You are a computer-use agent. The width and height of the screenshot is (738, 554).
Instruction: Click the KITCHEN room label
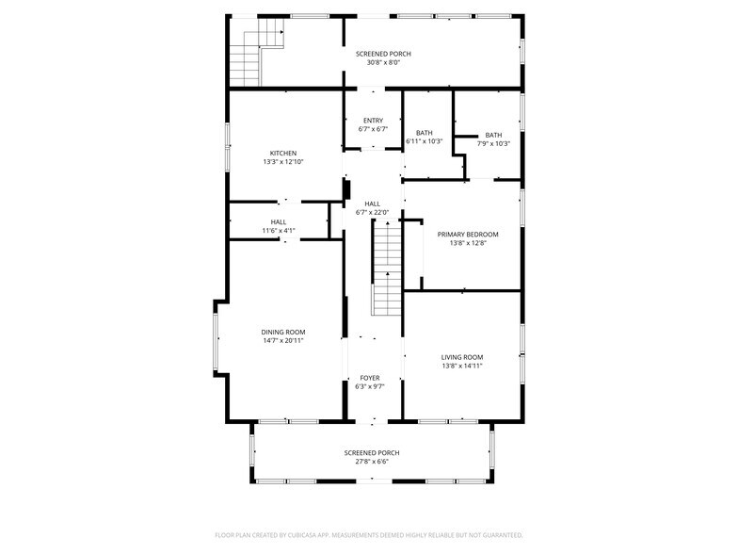click(x=283, y=153)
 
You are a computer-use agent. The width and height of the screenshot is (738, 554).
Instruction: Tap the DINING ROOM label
click(x=283, y=332)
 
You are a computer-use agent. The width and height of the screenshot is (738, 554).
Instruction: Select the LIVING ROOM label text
click(x=462, y=357)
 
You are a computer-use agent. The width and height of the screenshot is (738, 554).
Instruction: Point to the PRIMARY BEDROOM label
click(x=468, y=235)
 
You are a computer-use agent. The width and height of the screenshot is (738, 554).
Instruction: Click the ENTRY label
click(x=373, y=121)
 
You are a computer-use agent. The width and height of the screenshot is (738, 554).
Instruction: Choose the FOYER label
click(x=369, y=378)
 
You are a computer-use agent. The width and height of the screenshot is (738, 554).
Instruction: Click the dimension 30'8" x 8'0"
click(x=383, y=63)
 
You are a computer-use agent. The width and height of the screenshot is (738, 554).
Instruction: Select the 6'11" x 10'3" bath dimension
click(x=425, y=142)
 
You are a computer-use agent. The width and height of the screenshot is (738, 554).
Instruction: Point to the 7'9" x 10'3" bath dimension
click(x=494, y=144)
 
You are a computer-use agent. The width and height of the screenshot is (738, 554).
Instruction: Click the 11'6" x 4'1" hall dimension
click(x=279, y=231)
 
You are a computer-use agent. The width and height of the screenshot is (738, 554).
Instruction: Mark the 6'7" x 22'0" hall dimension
click(x=373, y=213)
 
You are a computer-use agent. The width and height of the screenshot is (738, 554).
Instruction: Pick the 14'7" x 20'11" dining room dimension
click(x=283, y=340)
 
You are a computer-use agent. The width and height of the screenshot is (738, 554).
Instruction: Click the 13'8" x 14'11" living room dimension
click(x=462, y=366)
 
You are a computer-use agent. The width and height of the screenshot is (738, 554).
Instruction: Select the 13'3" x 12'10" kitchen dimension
click(x=283, y=162)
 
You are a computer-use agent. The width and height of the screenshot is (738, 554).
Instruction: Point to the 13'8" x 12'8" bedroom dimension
click(x=468, y=243)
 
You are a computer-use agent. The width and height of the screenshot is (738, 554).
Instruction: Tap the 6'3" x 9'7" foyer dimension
click(x=369, y=386)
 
